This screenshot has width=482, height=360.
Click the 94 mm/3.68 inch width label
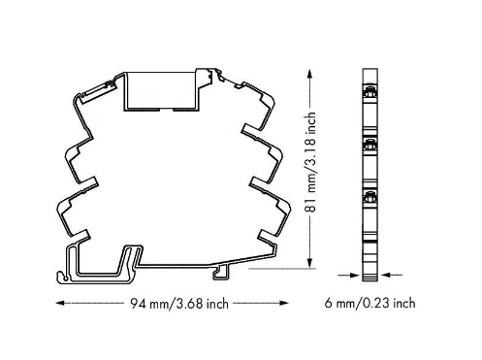coord(179,304)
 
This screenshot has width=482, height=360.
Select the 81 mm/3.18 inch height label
coord(310,162)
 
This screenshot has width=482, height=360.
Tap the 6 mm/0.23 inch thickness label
coord(370,303)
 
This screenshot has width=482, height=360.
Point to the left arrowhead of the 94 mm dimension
coord(59,303)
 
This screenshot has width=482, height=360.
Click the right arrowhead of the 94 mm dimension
coord(284,303)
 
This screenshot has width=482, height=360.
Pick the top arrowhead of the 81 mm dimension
coord(309,73)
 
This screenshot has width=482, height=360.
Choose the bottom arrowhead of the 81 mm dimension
coord(309,263)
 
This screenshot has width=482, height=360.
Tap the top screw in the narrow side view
coord(370,92)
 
